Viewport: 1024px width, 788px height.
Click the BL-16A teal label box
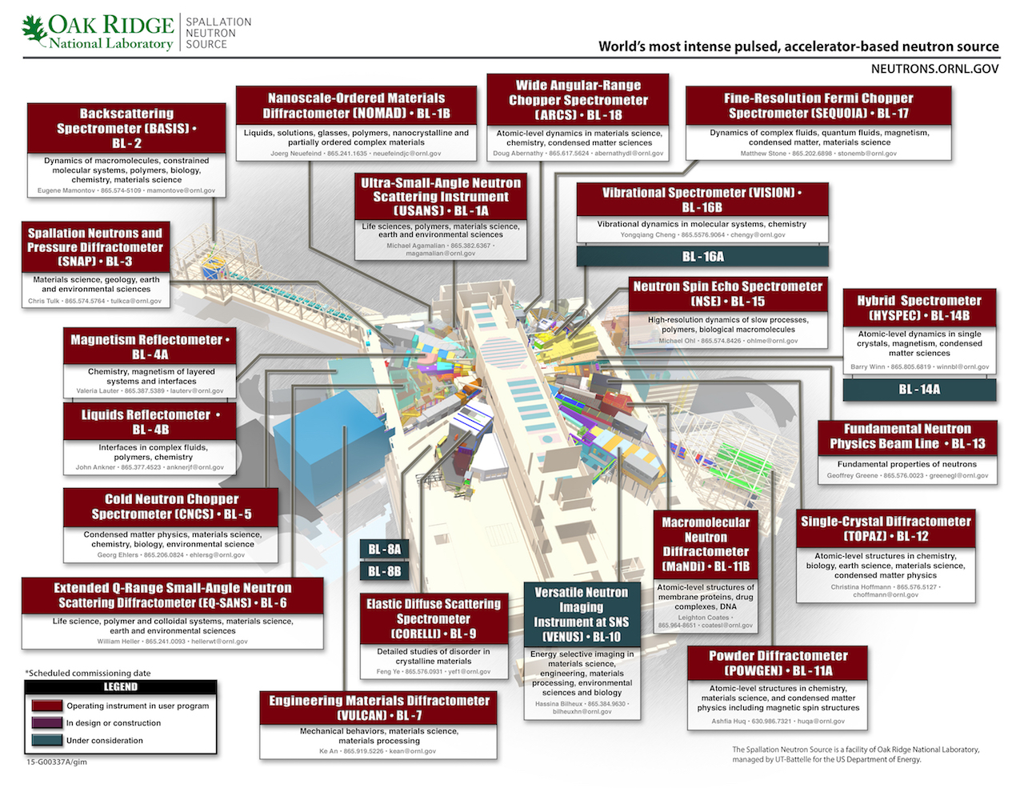(x=702, y=256)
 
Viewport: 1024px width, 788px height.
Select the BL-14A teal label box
(x=919, y=390)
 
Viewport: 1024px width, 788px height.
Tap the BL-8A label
(x=384, y=550)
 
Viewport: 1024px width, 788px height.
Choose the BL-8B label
(x=384, y=571)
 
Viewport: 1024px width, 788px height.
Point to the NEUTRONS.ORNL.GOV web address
(x=934, y=69)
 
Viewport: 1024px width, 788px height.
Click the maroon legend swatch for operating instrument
(x=47, y=706)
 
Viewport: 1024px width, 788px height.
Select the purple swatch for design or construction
(x=47, y=722)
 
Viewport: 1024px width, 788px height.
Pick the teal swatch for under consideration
(x=47, y=740)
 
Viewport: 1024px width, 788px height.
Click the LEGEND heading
(x=121, y=687)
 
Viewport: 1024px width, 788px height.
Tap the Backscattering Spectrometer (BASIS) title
(x=126, y=128)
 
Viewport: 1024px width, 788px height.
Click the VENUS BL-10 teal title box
(x=582, y=614)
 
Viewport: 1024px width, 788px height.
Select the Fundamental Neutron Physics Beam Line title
(x=907, y=436)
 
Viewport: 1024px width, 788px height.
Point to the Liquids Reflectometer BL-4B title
(x=150, y=422)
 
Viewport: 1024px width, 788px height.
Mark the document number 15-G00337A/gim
(x=56, y=762)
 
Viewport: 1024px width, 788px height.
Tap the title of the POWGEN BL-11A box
(x=778, y=663)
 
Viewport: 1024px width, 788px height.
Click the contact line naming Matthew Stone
(x=818, y=154)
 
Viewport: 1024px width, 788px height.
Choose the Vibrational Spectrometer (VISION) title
(x=702, y=200)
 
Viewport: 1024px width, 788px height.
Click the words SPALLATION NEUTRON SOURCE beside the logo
(x=218, y=33)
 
